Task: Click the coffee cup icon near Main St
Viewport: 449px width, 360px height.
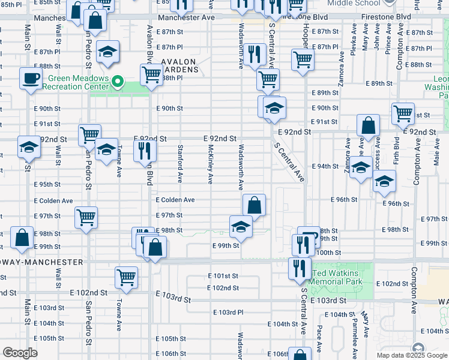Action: [31, 78]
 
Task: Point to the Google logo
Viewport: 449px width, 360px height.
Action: [20, 353]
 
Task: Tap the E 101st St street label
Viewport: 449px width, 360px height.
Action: [223, 276]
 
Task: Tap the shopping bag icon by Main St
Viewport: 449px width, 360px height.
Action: [22, 238]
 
